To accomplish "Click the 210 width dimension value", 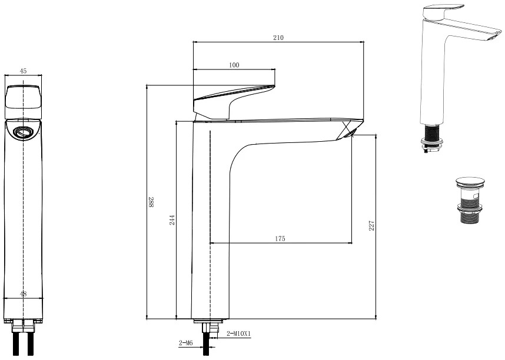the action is coord(278,38).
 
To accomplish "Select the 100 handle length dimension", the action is coord(234,65).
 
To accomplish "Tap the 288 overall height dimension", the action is coord(151,202).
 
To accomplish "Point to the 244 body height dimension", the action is coord(172,219).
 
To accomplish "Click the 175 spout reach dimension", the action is coord(280,239).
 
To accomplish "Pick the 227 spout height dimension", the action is coord(371,225).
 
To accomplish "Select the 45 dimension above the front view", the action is coord(23,71).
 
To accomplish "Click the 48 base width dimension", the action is coord(23,294).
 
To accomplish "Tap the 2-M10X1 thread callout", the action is coord(238,334).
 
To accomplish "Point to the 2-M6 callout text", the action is coord(185,344).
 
